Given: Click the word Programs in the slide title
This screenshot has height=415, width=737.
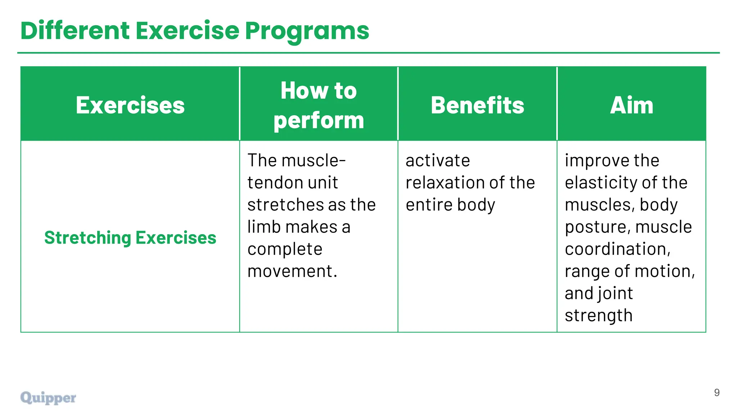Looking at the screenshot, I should [307, 31].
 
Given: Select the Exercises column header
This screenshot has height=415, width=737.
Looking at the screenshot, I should [130, 105].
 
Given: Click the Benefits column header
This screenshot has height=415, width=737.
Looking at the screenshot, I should [477, 105].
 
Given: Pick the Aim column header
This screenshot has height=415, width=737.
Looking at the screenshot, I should [632, 105].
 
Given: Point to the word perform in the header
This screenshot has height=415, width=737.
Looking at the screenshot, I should [318, 120].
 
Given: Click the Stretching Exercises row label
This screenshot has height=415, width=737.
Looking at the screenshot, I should [130, 238].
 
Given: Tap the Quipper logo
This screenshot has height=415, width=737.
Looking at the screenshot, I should [48, 398].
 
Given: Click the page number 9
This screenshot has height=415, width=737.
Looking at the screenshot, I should [716, 393].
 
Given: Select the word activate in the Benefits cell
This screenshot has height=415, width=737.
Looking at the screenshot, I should [438, 161].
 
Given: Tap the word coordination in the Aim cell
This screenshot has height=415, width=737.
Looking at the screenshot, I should [618, 249].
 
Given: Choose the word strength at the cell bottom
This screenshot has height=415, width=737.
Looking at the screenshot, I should [598, 316].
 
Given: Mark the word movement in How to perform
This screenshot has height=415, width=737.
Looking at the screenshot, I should [292, 271].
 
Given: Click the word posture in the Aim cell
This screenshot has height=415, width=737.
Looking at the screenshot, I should [597, 227].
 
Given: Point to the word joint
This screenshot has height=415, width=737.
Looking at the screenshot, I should [616, 293].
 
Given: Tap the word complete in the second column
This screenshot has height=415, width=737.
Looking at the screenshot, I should [285, 249].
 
